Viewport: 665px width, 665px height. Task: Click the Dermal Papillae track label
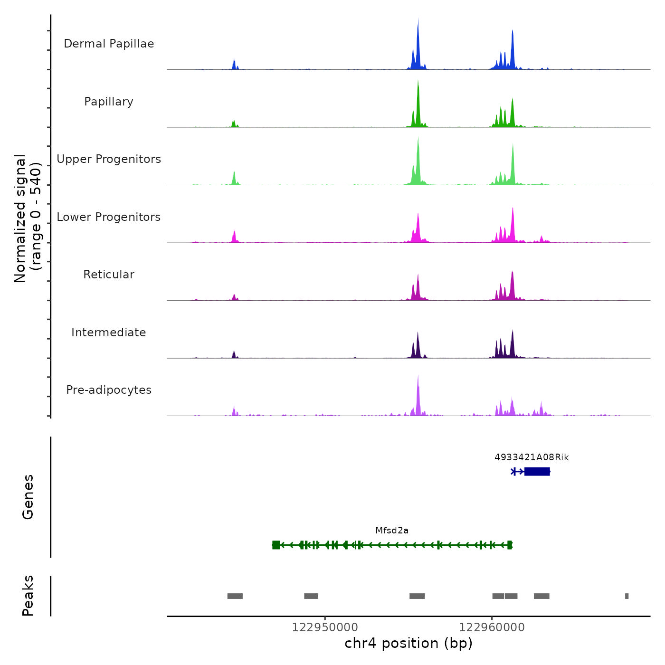109,44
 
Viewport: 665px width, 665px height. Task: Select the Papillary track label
109,102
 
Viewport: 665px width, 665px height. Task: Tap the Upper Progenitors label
109,159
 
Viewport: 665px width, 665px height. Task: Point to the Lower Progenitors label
109,217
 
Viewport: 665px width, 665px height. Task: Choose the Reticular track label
109,275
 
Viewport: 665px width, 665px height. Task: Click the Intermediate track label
109,332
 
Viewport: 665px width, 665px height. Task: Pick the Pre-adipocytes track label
109,390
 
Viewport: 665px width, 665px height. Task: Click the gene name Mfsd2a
392,531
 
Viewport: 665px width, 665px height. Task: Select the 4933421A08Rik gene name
532,457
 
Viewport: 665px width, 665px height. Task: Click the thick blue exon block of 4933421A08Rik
537,471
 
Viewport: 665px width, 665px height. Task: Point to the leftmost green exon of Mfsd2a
276,545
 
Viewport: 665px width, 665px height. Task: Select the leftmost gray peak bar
235,596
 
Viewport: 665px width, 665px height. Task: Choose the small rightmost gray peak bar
627,596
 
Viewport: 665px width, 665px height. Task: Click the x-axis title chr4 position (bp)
408,643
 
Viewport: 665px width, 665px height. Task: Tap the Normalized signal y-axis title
28,218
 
